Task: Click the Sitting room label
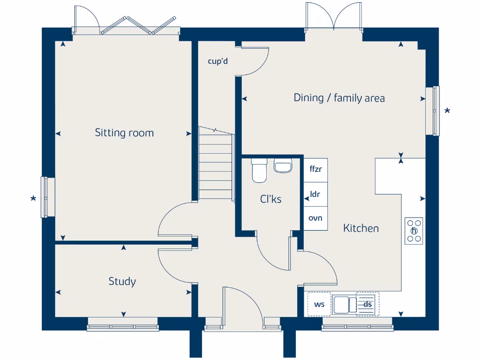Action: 124,133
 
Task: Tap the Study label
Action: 122,281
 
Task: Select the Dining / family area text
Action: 339,98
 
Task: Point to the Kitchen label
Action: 361,228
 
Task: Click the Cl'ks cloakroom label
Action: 270,199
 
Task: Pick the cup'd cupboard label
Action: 217,61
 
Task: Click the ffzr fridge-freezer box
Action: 315,170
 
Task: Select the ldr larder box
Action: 315,195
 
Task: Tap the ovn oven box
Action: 315,218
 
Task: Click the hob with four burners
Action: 414,231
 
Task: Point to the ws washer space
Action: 319,304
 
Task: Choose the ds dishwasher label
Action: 367,304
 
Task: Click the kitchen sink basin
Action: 341,305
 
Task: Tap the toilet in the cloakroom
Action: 259,170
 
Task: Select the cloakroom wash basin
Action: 283,165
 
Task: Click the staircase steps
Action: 215,164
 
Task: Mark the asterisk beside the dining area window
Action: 447,111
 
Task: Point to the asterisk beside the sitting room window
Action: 33,199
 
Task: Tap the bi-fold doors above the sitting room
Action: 138,25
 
